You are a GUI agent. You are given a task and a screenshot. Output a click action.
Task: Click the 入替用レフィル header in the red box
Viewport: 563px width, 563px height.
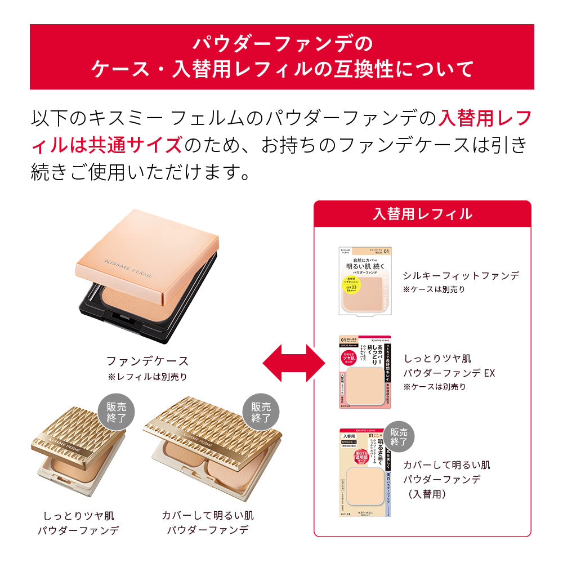[422, 214]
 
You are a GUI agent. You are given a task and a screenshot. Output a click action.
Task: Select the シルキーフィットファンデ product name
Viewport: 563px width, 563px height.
[461, 275]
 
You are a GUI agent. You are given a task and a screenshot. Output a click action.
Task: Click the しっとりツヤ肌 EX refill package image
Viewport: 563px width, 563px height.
[364, 372]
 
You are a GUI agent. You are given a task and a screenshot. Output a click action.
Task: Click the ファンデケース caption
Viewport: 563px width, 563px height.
[148, 361]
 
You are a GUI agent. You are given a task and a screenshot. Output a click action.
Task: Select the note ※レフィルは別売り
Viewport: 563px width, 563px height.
[147, 377]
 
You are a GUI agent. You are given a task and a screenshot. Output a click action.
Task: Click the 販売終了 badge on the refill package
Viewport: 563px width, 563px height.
[399, 437]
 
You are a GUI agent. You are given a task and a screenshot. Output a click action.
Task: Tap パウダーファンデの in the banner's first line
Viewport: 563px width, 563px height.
[282, 43]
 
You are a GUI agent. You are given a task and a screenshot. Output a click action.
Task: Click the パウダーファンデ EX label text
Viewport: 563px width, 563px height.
[449, 373]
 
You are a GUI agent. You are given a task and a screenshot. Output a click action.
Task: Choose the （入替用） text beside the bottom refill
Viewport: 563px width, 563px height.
[427, 494]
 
